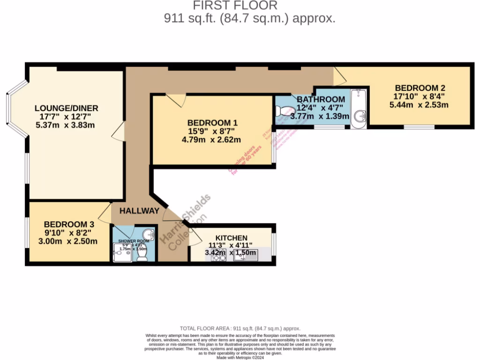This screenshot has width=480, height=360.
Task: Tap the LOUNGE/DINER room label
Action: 69,108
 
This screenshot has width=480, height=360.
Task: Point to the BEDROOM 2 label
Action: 419,88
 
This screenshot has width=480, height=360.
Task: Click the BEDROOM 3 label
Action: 66,225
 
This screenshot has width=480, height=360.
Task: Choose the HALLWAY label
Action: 139,211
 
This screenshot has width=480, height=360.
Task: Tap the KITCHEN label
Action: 231,238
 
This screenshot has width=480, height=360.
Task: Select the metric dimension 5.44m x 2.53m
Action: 419,105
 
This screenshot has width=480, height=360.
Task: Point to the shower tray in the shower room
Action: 121,252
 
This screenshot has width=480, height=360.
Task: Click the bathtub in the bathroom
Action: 359,106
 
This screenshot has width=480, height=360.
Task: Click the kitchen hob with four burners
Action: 219,256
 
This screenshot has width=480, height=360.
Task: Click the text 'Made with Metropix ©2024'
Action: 240,357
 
